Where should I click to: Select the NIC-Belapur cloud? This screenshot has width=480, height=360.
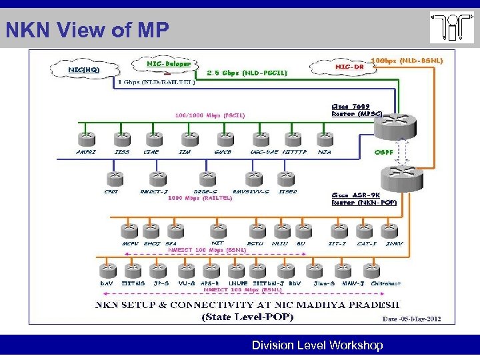tap(169, 65)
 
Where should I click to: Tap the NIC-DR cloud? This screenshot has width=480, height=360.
tap(344, 67)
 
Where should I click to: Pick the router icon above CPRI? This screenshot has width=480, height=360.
tap(112, 178)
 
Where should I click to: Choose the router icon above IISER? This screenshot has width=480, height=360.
tap(288, 178)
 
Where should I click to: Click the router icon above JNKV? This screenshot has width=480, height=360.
tap(395, 231)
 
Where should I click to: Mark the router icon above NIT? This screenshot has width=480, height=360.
tap(217, 231)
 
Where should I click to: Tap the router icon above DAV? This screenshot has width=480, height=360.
tap(107, 270)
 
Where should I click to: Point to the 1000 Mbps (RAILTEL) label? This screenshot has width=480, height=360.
tap(200, 198)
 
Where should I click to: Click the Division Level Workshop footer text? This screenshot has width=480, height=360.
tap(317, 345)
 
